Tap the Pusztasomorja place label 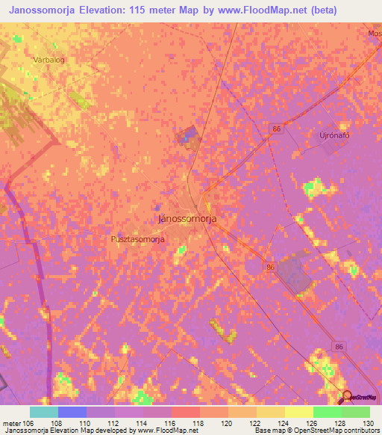point(137,239)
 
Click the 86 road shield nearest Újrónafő point(277,129)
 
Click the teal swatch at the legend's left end point(43,412)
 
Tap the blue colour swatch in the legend point(72,412)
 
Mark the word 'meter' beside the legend point(11,423)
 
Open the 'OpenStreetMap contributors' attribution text point(348,431)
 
